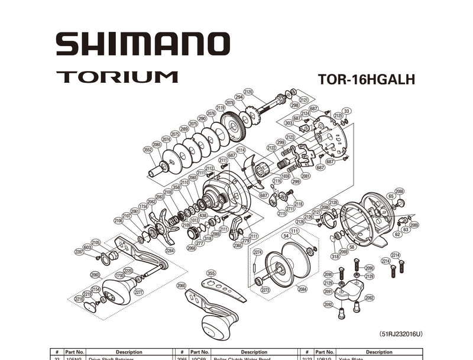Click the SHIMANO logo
click(142, 44)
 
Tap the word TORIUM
click(117, 77)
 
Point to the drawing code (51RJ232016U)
click(400, 333)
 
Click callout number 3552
click(148, 150)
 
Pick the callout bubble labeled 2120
click(248, 92)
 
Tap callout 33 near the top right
click(346, 111)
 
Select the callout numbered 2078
click(230, 102)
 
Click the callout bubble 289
click(184, 129)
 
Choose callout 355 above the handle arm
click(211, 273)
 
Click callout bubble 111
click(294, 231)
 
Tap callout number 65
click(391, 196)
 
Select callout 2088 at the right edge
click(400, 191)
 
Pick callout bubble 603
click(87, 248)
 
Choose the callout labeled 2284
click(170, 250)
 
